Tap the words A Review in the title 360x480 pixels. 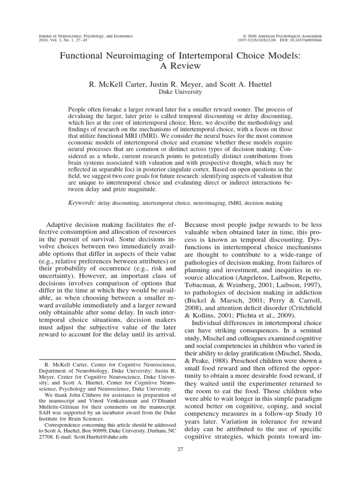(x=180, y=66)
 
